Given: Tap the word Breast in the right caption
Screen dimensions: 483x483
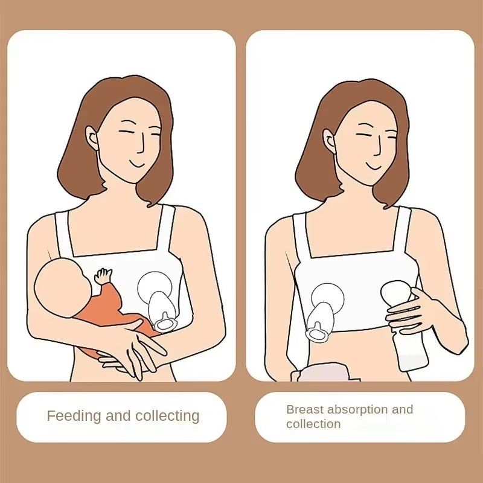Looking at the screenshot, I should [305, 409].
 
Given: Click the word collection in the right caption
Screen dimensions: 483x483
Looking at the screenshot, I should [313, 424].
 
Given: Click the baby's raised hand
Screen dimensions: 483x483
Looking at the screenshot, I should [104, 275].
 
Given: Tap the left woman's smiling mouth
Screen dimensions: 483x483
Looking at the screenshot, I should [138, 164].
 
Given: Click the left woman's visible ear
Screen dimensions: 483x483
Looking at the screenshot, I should [92, 138].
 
